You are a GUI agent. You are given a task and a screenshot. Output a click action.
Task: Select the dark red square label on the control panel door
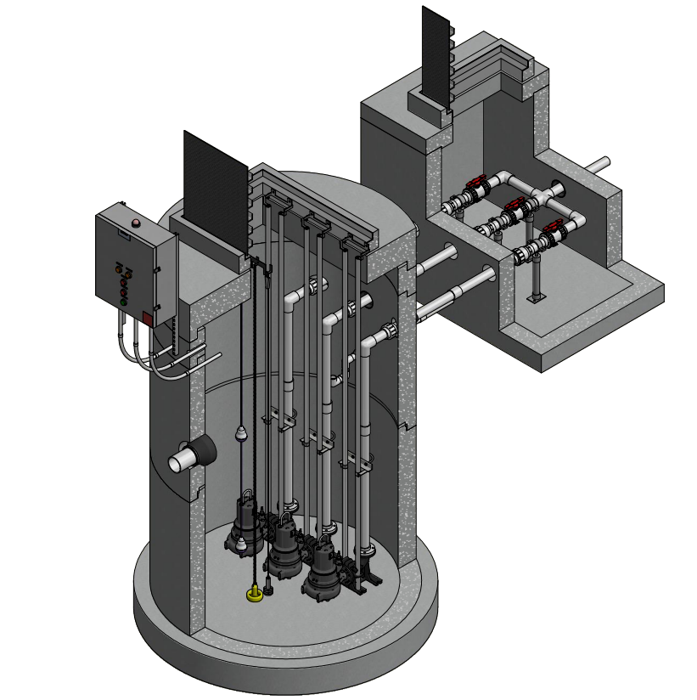coord(147,319)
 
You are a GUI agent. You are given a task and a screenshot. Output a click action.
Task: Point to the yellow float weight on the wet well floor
coord(254,595)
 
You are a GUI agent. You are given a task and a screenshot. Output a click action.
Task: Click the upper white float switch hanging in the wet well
coord(241,434)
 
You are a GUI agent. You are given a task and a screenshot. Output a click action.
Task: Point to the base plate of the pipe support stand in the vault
coord(536,298)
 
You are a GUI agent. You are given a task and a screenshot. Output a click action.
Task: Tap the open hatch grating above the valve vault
coord(436,54)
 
